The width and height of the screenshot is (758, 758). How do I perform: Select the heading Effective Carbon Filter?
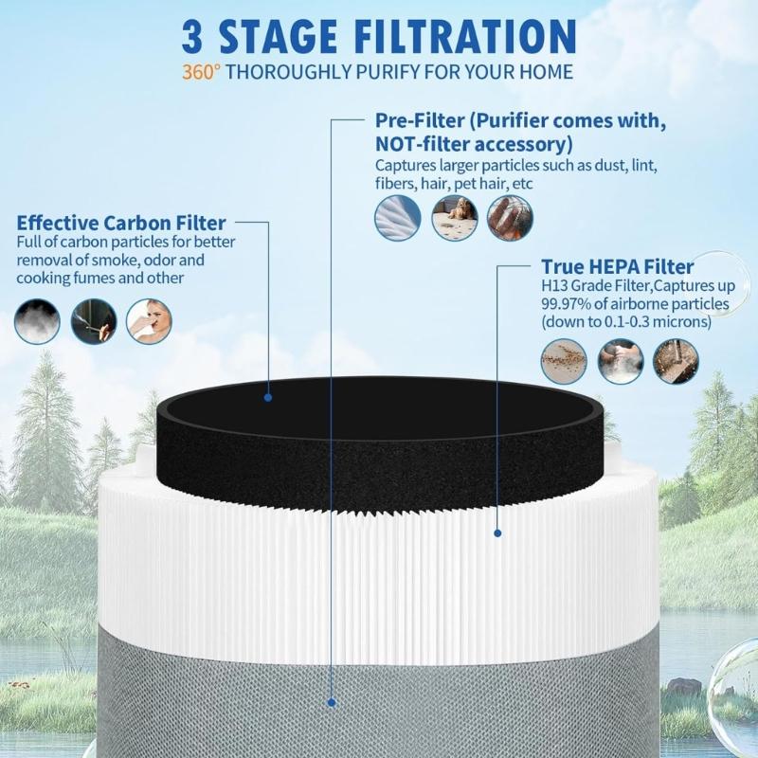click(121, 224)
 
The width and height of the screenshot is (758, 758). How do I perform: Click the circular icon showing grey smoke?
click(37, 321)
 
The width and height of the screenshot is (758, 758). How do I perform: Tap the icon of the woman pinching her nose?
click(149, 321)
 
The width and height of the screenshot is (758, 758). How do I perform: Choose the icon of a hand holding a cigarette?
click(93, 321)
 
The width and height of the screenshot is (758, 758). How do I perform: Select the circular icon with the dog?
click(454, 218)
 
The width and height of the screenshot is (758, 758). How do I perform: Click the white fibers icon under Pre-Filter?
click(398, 218)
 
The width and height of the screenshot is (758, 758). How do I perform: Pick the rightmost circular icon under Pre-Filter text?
click(510, 218)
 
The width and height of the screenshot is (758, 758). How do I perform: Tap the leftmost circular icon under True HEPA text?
click(564, 361)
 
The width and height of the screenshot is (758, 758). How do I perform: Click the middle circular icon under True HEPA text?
click(620, 361)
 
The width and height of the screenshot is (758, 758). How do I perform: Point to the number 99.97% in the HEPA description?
click(568, 304)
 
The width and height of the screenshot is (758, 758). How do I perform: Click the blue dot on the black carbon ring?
click(268, 398)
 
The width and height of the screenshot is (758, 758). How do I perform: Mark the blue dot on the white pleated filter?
click(497, 533)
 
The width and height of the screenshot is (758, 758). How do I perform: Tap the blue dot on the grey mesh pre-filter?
click(332, 702)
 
